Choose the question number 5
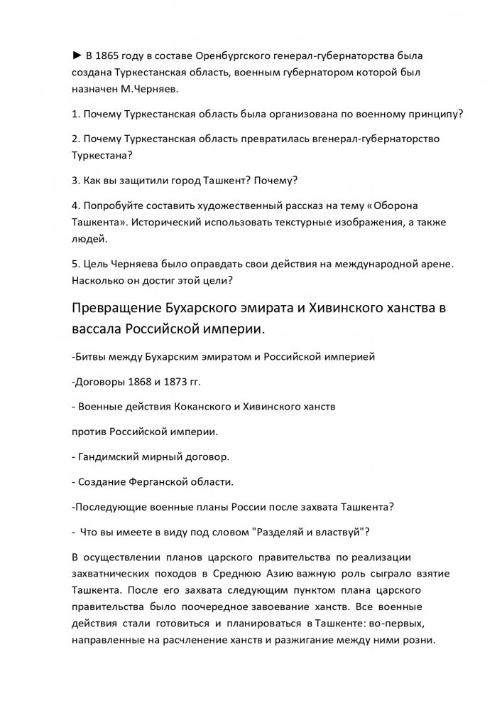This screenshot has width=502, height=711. click(75, 262)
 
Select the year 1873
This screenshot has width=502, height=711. click(173, 382)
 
